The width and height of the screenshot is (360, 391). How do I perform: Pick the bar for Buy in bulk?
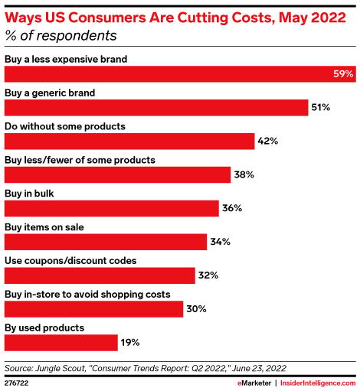111,208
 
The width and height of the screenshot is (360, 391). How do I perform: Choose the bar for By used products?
61,342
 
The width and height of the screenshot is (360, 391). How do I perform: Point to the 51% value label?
320,108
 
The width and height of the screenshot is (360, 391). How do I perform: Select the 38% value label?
243,175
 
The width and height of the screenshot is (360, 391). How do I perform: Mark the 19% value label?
129,342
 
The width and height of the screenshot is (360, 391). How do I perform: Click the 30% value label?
195,308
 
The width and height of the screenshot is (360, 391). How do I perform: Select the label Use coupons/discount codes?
70,261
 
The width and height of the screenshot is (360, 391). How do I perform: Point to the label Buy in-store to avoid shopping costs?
87,295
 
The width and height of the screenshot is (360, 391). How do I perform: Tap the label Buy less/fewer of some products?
80,160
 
